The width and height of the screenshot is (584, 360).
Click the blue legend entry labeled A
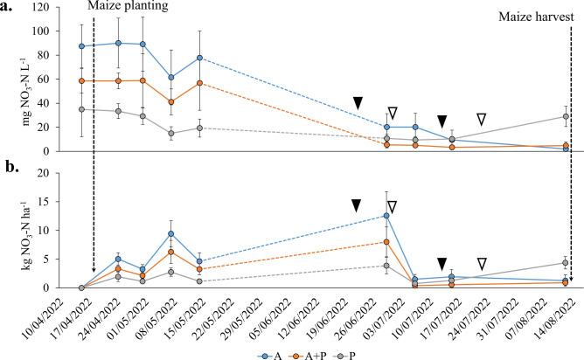270,354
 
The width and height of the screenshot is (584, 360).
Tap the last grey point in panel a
566,116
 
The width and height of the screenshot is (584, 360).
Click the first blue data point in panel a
81,46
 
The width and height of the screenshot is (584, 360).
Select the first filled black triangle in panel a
358,103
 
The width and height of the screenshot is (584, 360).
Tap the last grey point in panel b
566,262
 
